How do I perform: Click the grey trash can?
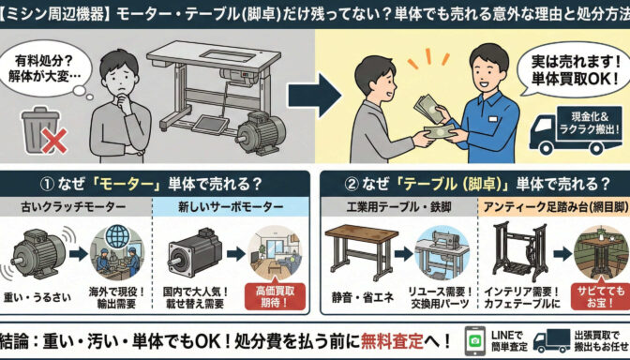coord(39,129)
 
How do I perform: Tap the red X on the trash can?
coord(54,142)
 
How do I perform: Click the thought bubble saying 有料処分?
coord(46,68)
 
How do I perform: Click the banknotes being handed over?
coord(435,119)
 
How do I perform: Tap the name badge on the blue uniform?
coord(493,119)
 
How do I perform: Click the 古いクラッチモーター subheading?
coord(73,207)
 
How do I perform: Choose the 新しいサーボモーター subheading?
coord(231,207)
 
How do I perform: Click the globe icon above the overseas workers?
coord(118,237)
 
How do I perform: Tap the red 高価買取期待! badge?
coord(275,296)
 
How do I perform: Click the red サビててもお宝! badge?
coord(600,296)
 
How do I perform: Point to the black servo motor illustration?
coord(194,252)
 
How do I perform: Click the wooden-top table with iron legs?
coord(361,250)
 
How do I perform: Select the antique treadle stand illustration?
coord(520,252)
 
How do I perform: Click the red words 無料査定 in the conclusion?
coord(392,342)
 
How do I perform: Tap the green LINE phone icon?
coord(475,340)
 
